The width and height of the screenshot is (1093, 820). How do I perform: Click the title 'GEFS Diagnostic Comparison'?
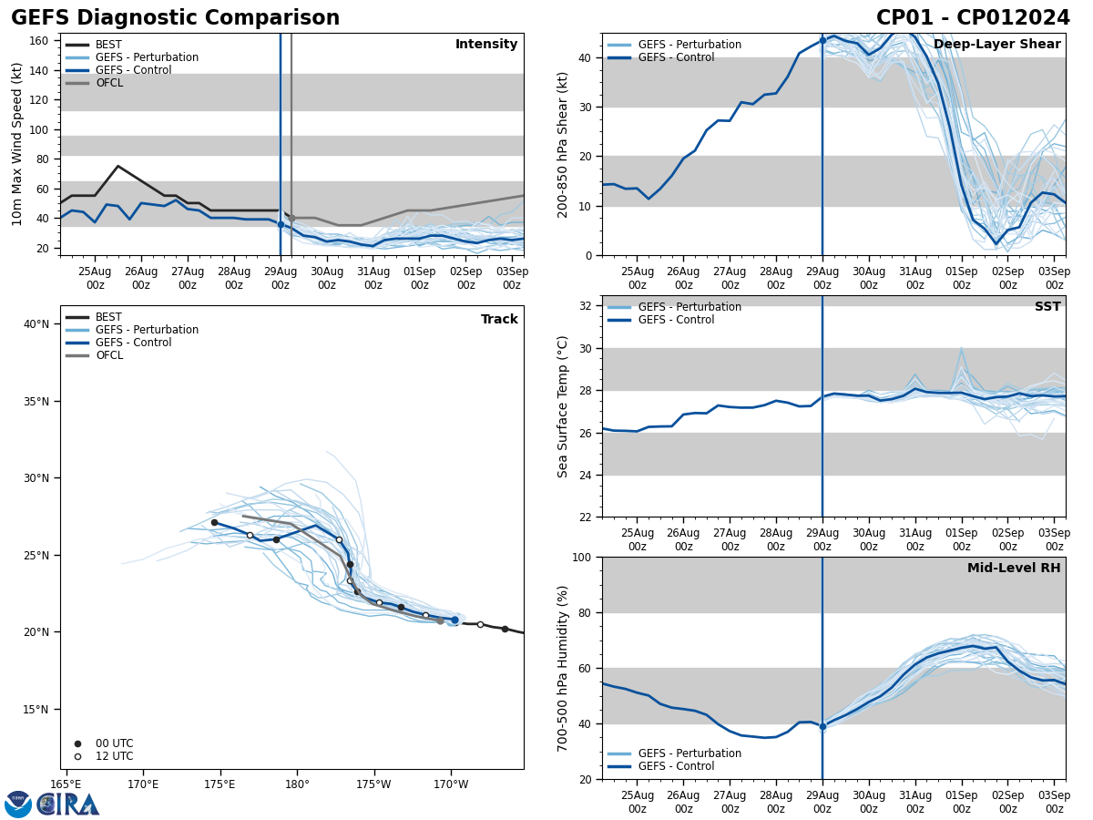pos(175,18)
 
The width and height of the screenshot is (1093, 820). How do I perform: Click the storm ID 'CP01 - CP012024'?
pos(973,18)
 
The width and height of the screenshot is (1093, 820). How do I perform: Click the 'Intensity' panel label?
pos(486,45)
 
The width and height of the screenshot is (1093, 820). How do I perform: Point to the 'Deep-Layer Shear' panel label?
pos(996,45)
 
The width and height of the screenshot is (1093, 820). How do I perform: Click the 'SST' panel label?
pos(1047,307)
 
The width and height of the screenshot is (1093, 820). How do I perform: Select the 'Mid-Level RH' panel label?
pos(1014,569)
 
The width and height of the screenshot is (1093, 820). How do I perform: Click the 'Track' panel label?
pos(499,320)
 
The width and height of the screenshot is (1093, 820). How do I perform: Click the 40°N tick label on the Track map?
pos(36,324)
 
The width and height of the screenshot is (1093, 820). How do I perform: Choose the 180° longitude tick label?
pos(297,784)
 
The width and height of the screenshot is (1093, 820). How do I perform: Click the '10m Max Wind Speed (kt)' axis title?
pos(17,144)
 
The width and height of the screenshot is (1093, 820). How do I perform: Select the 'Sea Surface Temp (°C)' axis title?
pos(563,406)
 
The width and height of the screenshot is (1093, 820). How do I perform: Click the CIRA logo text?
pos(68,805)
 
